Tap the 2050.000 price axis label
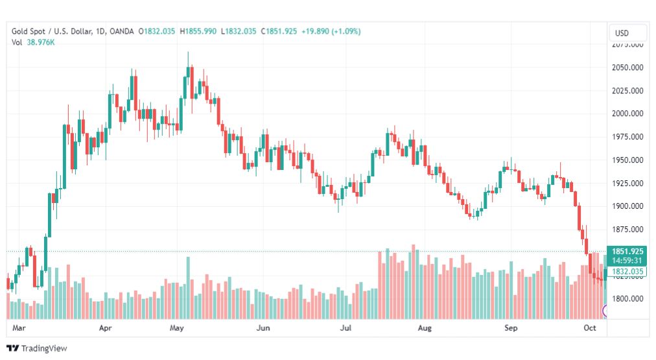click(x=627, y=67)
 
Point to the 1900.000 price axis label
click(x=627, y=206)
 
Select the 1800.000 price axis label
click(x=627, y=299)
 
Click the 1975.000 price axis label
click(x=627, y=137)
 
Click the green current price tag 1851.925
click(x=626, y=251)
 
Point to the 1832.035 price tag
click(x=626, y=272)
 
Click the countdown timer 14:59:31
click(x=626, y=261)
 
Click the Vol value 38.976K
click(x=41, y=42)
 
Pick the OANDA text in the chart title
click(x=122, y=31)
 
